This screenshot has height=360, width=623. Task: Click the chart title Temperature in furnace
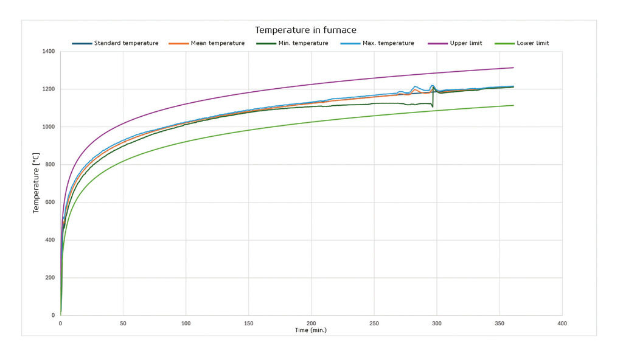click(305, 30)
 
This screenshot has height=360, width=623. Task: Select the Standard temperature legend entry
click(126, 43)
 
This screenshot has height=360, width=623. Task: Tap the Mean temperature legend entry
click(217, 43)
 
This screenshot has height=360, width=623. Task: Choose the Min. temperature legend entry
click(303, 43)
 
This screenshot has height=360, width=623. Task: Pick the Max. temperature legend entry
click(388, 43)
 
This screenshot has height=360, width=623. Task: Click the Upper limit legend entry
click(466, 43)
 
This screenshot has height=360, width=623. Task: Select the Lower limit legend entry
click(532, 43)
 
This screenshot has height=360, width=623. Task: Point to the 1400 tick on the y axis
click(49, 52)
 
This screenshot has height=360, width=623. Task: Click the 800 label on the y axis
click(51, 165)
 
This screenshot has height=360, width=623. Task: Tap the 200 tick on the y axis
click(51, 278)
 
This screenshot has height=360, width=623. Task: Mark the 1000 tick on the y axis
click(49, 127)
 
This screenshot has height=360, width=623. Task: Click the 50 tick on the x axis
click(123, 324)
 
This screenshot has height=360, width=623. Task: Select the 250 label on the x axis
click(374, 324)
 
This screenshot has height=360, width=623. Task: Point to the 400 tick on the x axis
click(562, 324)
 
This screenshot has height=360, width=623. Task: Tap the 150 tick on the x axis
click(248, 324)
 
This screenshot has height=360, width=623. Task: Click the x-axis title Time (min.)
click(311, 330)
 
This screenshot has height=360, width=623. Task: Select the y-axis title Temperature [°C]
click(36, 184)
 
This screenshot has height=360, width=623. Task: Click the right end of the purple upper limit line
click(513, 67)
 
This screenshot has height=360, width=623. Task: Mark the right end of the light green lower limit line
click(513, 105)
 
